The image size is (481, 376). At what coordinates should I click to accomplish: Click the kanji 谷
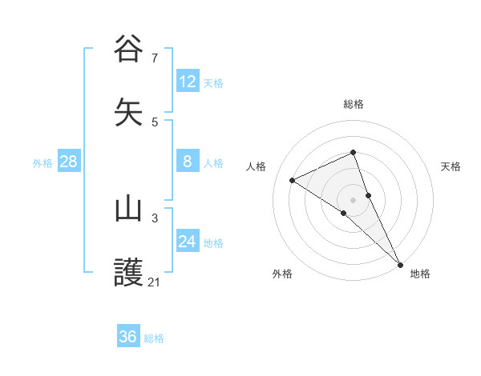point(129,49)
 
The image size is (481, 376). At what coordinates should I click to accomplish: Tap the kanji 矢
point(129,113)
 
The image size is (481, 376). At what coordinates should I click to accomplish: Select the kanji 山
point(129,209)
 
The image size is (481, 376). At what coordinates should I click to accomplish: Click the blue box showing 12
point(188,82)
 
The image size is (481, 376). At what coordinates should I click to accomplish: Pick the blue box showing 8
point(188,162)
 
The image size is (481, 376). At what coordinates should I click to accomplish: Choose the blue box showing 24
point(188,242)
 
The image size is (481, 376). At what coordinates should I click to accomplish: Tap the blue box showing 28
point(69,162)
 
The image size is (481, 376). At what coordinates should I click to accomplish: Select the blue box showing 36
point(128,337)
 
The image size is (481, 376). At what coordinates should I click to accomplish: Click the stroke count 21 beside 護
point(154,282)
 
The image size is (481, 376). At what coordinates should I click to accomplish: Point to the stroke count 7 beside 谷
point(154,58)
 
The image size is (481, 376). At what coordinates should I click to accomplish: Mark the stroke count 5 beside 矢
point(154,122)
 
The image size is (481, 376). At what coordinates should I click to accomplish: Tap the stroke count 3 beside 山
point(154,218)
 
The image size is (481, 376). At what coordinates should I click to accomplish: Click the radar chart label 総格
point(353,104)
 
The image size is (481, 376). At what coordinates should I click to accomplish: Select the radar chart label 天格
point(451,166)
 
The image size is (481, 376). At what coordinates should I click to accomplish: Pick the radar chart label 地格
point(420,274)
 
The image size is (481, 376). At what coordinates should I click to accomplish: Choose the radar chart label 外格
point(282,274)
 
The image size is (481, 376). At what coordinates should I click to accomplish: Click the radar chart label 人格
point(257,166)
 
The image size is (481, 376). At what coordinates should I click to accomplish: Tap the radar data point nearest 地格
point(400,265)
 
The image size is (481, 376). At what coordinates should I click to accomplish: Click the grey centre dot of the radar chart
point(353,199)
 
